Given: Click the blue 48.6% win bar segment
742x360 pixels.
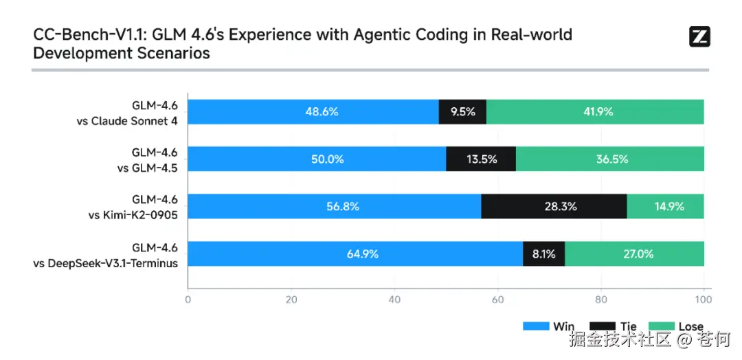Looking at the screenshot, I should (313, 111).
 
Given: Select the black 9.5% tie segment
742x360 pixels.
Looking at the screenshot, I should (462, 111).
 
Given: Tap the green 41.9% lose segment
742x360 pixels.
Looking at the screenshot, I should (595, 111).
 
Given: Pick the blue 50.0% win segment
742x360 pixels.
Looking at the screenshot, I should (317, 159).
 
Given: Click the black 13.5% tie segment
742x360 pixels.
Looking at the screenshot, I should (481, 159).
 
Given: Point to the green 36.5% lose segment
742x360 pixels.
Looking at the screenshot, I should (609, 159).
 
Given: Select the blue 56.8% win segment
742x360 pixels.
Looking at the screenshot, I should (334, 206).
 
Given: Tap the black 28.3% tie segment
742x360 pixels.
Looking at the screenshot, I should (554, 206).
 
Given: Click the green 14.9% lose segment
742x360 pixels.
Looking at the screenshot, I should (665, 206).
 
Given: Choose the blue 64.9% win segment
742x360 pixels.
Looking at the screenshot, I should (355, 254).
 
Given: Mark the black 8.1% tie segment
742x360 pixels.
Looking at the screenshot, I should (543, 254).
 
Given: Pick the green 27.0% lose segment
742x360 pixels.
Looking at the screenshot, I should (634, 254).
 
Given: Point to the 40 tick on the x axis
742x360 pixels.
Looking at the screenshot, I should (394, 300).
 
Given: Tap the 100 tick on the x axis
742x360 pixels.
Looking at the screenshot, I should (703, 300).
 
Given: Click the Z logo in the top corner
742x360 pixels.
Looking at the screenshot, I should (699, 37).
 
